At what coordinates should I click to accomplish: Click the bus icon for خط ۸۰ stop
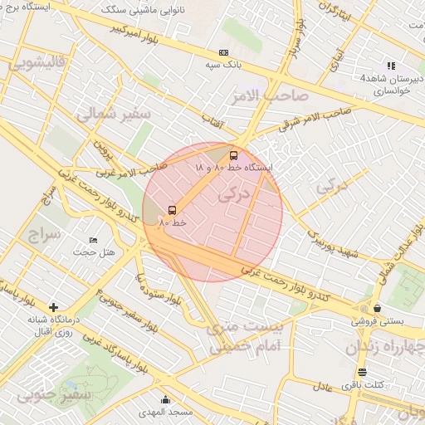pos(173,210)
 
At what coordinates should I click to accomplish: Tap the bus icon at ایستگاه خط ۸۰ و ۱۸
pos(233,154)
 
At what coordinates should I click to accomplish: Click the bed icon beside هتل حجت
pos(93,241)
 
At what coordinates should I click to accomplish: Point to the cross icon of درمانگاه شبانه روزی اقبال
pos(54,307)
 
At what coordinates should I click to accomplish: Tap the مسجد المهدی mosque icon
pos(165,399)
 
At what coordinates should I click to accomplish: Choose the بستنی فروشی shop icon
pos(378,308)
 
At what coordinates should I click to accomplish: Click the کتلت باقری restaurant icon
pos(361,372)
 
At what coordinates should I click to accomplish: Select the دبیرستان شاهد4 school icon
pos(391,66)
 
